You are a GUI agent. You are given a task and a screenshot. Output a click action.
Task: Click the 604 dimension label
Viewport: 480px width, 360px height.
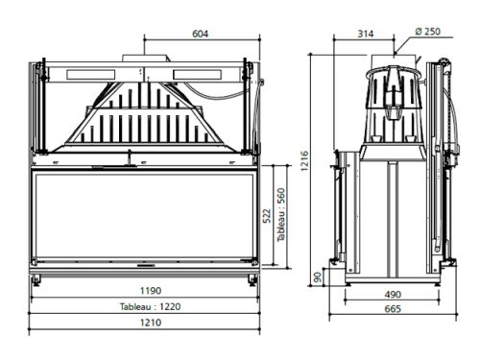click(x=200, y=34)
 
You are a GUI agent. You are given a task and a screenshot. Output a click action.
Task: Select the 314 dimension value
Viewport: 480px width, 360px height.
click(x=365, y=34)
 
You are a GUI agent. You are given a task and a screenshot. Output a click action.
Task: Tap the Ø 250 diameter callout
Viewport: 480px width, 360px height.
click(x=427, y=32)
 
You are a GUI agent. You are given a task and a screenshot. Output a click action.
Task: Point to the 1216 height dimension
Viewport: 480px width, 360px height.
click(x=304, y=161)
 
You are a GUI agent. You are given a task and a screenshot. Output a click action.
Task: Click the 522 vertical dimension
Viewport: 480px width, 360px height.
click(x=267, y=216)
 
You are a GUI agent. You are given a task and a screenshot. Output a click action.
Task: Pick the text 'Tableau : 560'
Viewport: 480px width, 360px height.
click(x=280, y=215)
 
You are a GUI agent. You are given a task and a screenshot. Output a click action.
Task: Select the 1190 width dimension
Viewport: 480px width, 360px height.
click(x=151, y=291)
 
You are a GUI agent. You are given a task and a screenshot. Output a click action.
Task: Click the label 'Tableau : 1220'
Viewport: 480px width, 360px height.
click(x=150, y=306)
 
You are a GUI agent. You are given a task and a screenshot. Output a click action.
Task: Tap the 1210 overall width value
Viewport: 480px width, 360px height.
click(x=151, y=323)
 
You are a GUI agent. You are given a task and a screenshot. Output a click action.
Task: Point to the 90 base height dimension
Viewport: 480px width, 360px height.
click(x=318, y=277)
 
